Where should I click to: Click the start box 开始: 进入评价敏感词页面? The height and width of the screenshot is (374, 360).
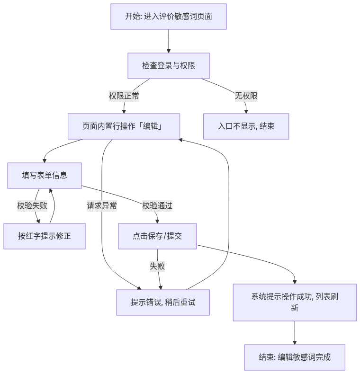(x=169, y=17)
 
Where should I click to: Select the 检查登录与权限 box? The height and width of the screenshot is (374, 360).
(x=169, y=66)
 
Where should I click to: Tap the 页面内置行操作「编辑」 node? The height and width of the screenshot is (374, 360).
(x=124, y=126)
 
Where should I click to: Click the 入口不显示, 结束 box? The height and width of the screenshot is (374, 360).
(x=246, y=126)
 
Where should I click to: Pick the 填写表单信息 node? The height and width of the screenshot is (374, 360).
(x=45, y=176)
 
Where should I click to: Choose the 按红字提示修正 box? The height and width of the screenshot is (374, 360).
(x=45, y=236)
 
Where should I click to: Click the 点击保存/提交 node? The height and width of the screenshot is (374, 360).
(x=157, y=236)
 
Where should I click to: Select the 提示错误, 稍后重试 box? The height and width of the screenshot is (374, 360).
(x=163, y=303)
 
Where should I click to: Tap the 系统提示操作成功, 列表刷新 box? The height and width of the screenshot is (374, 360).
(x=295, y=303)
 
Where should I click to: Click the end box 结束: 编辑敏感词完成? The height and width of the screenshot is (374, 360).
(x=295, y=357)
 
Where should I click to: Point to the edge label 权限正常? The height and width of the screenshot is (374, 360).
(x=124, y=96)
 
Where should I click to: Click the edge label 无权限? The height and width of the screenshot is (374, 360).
(x=246, y=96)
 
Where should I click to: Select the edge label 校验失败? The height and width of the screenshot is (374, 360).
(x=32, y=206)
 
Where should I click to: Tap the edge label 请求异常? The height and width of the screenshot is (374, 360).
(x=102, y=206)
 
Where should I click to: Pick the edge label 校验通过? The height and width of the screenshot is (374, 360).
(x=157, y=206)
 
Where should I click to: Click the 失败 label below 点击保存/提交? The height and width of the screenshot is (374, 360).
(x=157, y=266)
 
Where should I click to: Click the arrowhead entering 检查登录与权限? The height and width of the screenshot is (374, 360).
(x=169, y=51)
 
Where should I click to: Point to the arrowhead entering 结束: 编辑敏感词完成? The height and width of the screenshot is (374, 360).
(x=295, y=342)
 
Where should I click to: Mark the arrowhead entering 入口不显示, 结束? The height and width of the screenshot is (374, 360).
(x=246, y=112)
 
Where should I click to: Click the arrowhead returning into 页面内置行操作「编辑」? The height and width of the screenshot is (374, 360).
(x=181, y=140)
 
